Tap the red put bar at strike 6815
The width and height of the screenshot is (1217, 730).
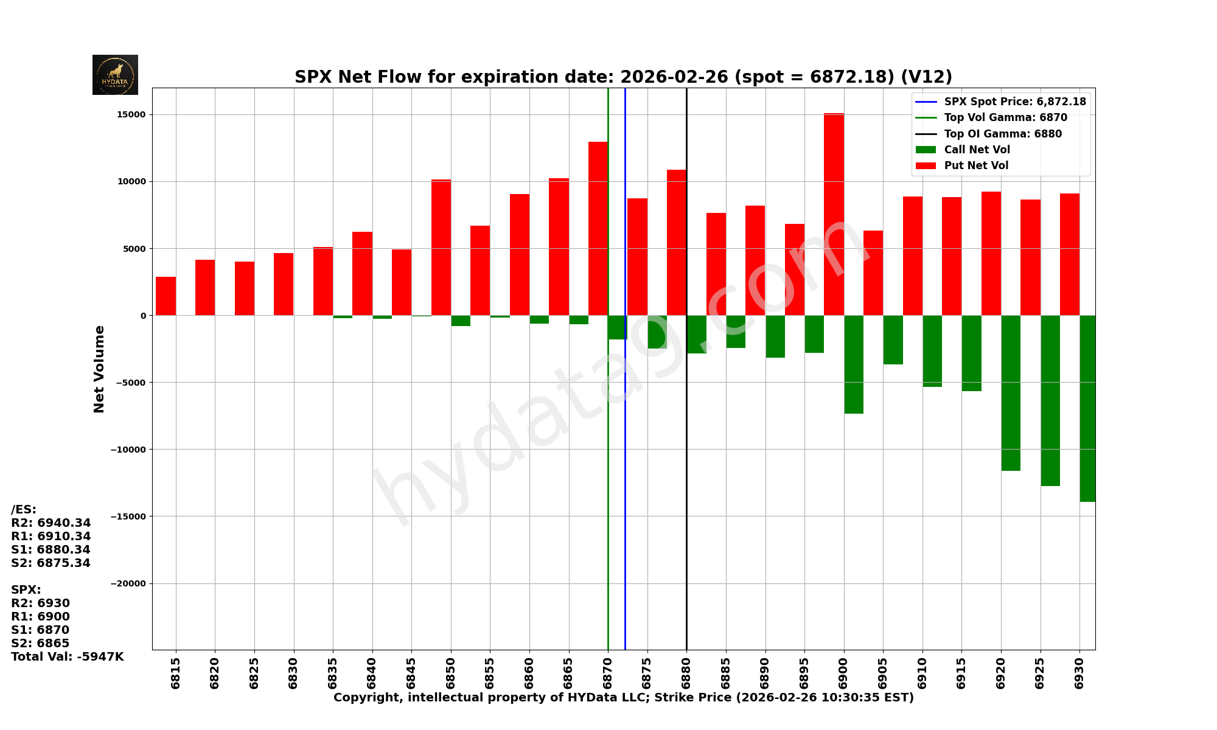click(x=166, y=296)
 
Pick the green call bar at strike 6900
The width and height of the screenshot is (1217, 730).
click(x=854, y=364)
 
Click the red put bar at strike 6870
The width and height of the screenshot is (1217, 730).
click(x=598, y=229)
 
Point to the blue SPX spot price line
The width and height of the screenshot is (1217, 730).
click(x=625, y=487)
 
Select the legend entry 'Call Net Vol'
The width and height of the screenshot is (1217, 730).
click(x=976, y=150)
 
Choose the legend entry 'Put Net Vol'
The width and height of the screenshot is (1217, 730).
click(x=975, y=165)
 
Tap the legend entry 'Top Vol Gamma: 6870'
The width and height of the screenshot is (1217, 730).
click(x=1005, y=118)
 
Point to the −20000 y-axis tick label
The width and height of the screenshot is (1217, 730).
click(x=128, y=584)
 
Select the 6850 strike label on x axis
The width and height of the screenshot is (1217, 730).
click(x=451, y=673)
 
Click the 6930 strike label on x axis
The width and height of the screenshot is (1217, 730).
click(x=1079, y=673)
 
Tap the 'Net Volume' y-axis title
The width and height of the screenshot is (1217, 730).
click(x=99, y=369)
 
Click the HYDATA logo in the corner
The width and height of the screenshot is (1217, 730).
click(x=115, y=75)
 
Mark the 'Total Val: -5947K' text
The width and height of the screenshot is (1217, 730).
click(x=67, y=657)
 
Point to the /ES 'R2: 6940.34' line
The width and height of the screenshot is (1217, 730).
click(x=51, y=523)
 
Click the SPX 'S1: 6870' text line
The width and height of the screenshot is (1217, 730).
click(x=40, y=630)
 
